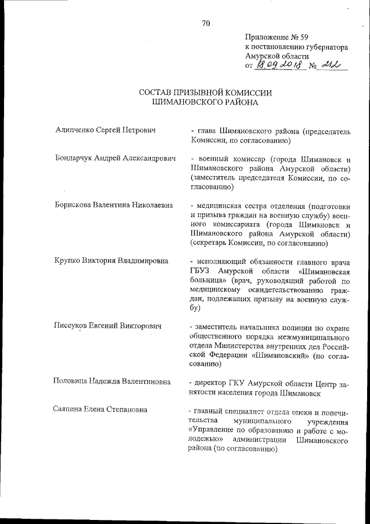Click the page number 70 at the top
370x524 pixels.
click(206, 23)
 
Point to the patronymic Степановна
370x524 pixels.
click(126, 409)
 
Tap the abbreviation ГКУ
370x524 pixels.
click(243, 382)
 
